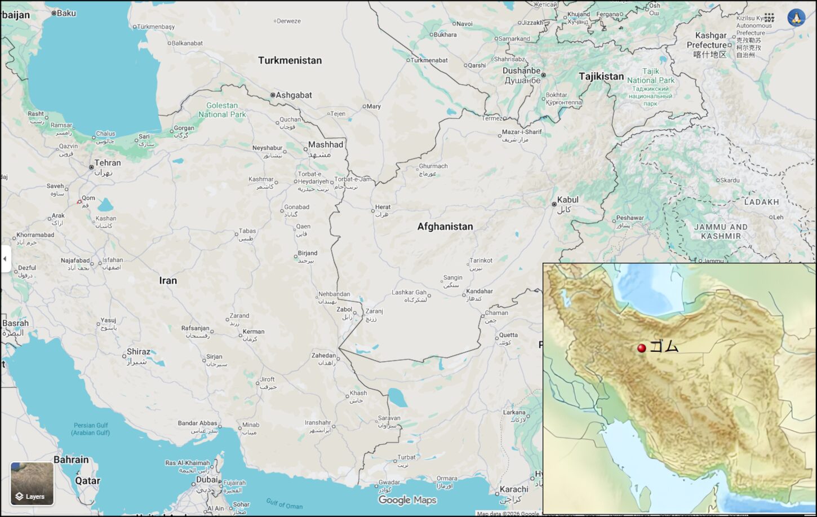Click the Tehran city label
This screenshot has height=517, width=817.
(107, 163)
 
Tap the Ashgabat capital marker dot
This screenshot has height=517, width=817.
(273, 95)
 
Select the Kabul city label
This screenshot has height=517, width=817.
(567, 200)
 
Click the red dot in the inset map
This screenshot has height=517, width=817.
(641, 348)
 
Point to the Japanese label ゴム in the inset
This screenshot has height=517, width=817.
(664, 346)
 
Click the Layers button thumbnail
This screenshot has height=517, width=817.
(32, 484)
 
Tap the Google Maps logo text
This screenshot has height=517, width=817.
(407, 500)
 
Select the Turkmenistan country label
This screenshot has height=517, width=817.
(290, 60)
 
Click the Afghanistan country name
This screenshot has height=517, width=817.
(445, 227)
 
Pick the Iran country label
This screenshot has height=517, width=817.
(168, 280)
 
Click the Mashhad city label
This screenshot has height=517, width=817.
(326, 145)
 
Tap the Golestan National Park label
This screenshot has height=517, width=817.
(222, 110)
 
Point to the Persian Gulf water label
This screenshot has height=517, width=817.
(91, 429)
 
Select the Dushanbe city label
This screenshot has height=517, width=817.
(522, 71)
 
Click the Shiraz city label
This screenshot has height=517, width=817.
(138, 352)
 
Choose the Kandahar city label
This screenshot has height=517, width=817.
(479, 291)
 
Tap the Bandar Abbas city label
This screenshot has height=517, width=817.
(197, 423)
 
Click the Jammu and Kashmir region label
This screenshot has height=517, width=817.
(721, 231)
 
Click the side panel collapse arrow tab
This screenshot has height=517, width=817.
(5, 259)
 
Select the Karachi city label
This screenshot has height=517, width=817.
(513, 489)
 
